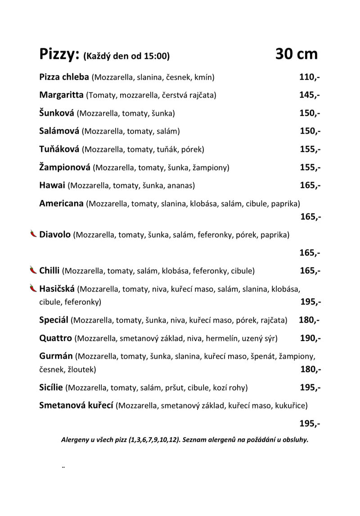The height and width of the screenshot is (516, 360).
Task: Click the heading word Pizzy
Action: [x=59, y=54]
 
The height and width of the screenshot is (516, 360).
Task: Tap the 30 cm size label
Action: [x=296, y=54]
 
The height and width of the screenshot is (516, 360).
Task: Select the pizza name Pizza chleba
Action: [x=64, y=77]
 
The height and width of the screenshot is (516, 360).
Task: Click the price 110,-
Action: [x=310, y=77]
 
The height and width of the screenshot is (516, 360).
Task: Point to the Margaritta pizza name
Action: [x=61, y=95]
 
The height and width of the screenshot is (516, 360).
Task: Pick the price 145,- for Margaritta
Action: [x=310, y=95]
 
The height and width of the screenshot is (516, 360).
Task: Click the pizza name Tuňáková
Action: [x=59, y=149]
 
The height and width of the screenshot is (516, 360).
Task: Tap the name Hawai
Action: [x=53, y=185]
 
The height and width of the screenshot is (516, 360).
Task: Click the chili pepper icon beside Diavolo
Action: [x=33, y=234]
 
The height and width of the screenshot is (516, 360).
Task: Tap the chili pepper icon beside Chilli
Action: [x=33, y=270]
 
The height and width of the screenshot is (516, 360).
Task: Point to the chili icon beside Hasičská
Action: [x=33, y=288]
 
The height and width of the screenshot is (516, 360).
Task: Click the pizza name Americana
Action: [x=61, y=203]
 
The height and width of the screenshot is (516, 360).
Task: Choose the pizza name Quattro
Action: [x=55, y=338]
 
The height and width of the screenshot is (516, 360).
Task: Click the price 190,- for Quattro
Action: [x=310, y=338]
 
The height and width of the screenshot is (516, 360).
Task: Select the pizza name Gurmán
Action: [x=56, y=356]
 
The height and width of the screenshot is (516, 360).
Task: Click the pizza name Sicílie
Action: [x=52, y=387]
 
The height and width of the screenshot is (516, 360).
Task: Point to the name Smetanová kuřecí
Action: [x=76, y=405]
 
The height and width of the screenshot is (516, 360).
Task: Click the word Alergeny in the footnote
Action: [x=75, y=440]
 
